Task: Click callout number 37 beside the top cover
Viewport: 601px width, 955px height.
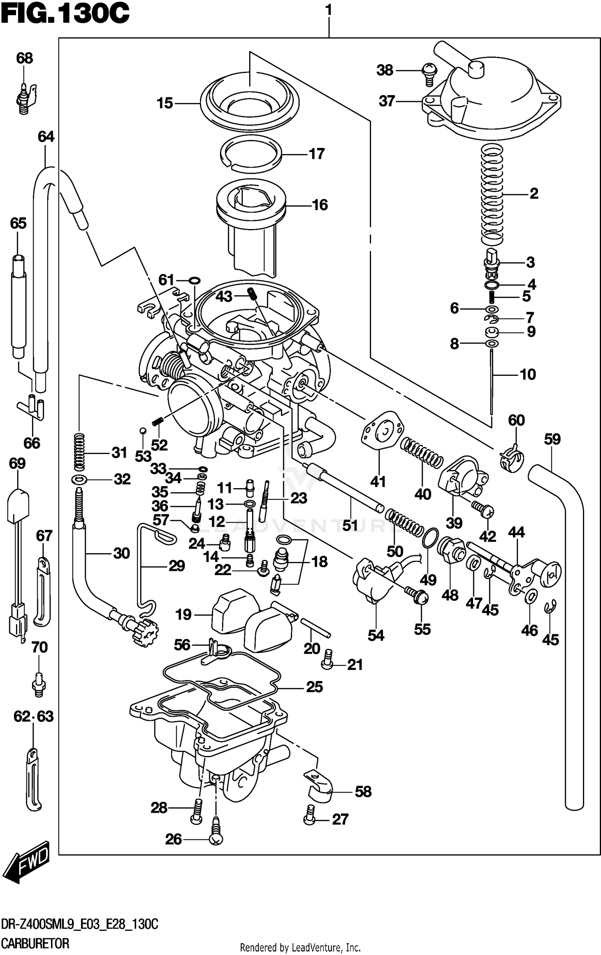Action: click(x=387, y=101)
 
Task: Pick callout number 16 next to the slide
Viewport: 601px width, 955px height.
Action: click(x=320, y=205)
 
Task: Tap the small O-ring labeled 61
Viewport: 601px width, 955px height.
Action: click(x=194, y=280)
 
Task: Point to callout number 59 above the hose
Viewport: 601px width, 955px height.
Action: click(x=552, y=439)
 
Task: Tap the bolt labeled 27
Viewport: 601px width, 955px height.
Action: click(x=309, y=815)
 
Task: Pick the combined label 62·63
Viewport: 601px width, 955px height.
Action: click(x=34, y=716)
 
